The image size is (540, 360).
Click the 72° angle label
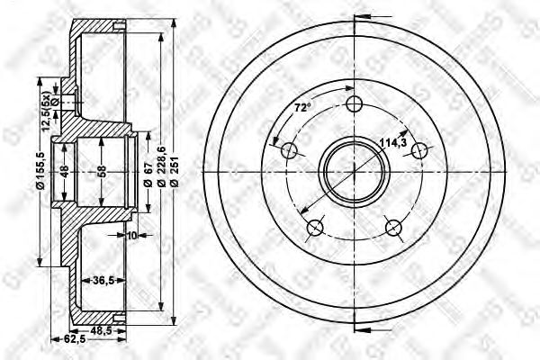[x=302, y=108]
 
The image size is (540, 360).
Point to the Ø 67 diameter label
[x=146, y=171]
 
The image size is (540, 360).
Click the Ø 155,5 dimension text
[x=39, y=171]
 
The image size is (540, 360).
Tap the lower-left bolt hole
[x=315, y=228]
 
